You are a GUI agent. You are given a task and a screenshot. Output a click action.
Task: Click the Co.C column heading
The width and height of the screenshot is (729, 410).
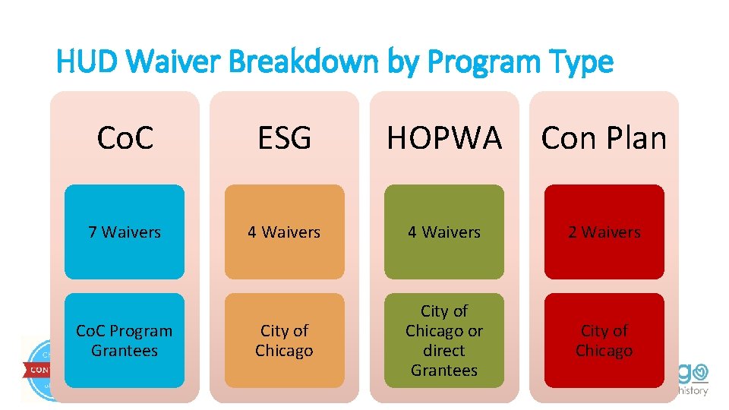(125, 137)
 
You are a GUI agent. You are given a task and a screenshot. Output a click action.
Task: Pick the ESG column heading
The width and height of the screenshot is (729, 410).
(284, 137)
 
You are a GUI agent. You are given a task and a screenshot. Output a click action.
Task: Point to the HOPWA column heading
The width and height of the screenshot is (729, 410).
(444, 137)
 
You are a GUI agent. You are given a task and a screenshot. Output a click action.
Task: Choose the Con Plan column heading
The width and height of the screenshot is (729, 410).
(604, 137)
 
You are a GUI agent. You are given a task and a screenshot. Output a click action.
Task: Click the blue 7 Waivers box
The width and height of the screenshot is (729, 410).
(125, 232)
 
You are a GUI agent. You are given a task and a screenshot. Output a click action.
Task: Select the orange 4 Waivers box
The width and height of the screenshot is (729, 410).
(284, 232)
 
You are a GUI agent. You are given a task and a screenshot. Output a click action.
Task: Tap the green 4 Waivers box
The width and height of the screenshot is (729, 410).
(444, 232)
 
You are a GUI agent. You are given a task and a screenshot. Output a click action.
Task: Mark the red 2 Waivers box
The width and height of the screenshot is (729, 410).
(604, 232)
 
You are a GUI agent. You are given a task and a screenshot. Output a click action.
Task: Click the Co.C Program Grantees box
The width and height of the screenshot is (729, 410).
(125, 340)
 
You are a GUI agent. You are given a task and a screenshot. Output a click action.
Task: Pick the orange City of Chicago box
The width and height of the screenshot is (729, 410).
(284, 340)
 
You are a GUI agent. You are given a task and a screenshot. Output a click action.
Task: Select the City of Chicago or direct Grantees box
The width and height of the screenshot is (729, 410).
(444, 340)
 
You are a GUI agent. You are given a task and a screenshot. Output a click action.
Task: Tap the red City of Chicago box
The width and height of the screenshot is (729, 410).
(604, 340)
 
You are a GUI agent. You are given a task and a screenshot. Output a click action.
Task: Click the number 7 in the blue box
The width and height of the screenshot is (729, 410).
(93, 232)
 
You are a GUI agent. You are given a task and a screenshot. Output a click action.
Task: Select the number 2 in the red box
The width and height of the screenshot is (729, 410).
(573, 232)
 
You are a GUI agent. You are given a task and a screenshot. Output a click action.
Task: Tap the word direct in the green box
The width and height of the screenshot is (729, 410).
(444, 351)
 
